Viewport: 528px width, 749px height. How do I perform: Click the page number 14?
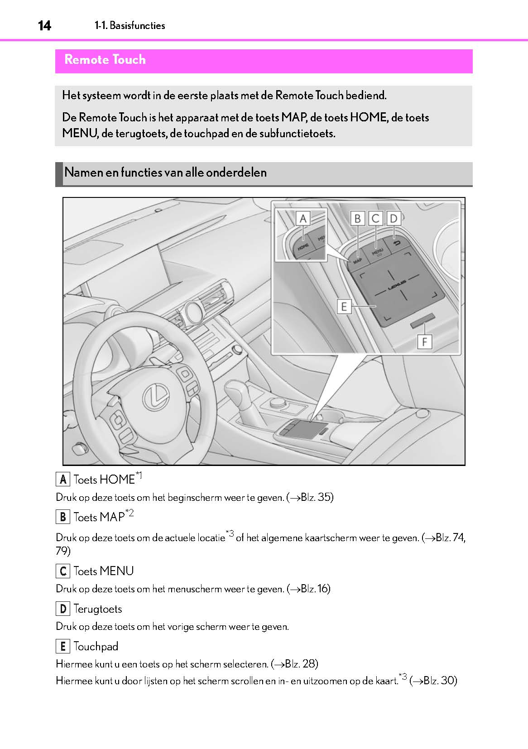[44, 26]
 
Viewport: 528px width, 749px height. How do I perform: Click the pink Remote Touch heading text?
[105, 60]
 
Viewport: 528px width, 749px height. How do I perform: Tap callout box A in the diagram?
[303, 219]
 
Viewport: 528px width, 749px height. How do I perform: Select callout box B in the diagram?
[357, 219]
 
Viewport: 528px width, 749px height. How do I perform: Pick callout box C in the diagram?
[375, 219]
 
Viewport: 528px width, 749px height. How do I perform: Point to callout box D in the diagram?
[394, 219]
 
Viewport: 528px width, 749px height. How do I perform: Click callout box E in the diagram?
[344, 307]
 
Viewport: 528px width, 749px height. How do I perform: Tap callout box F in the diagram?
[424, 341]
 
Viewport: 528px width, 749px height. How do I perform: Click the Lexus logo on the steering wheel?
[156, 398]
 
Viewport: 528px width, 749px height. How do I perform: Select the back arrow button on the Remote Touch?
[397, 244]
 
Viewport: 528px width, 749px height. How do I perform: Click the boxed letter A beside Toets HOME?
[62, 479]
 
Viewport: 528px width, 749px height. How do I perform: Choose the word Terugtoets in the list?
[98, 609]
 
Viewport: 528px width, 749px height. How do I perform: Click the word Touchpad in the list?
[96, 647]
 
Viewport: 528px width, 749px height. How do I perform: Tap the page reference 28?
[310, 664]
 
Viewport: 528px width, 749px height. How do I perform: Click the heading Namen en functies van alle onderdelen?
[165, 173]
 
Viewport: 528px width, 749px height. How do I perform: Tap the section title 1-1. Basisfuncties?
[130, 26]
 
